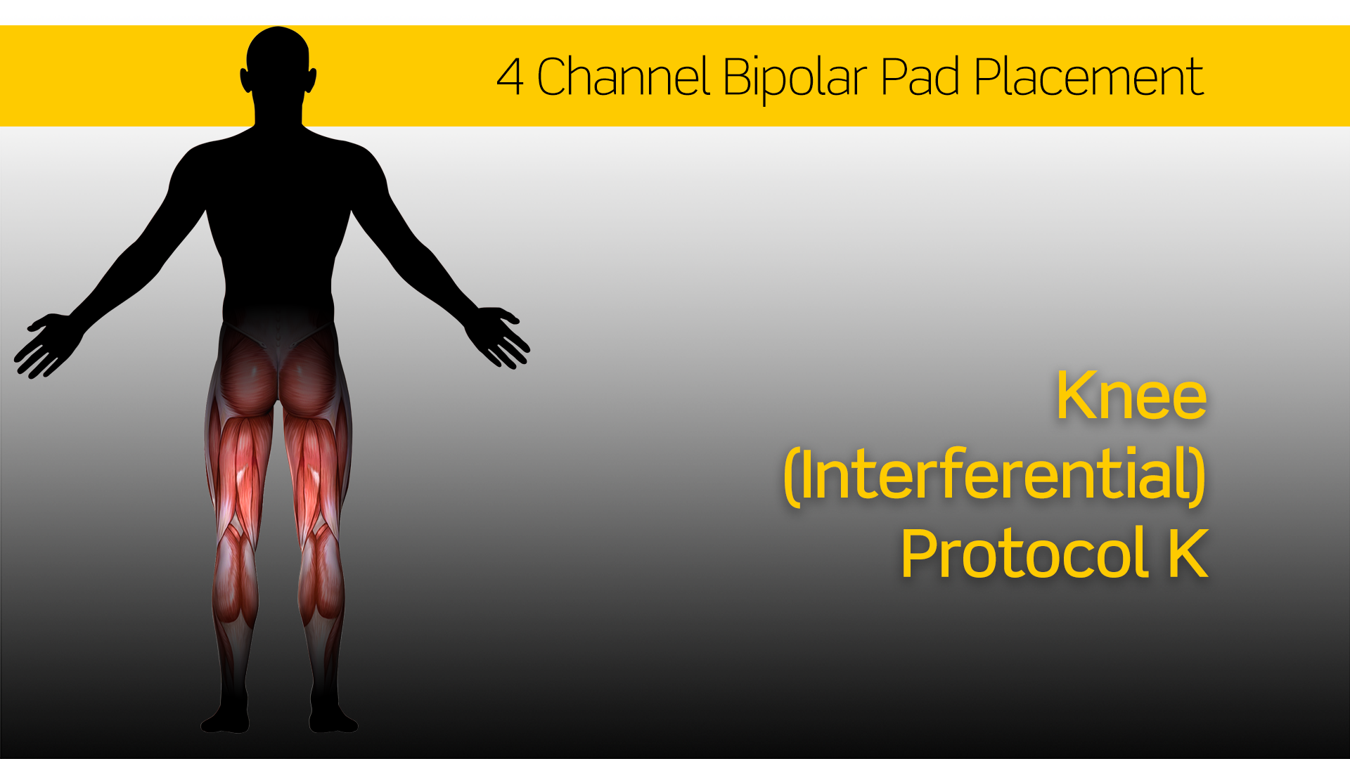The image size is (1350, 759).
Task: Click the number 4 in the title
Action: pos(510,77)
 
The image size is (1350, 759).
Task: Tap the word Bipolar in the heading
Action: pos(795,79)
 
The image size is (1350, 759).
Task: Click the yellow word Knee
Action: pos(1131,396)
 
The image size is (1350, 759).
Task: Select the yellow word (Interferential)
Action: pos(995,476)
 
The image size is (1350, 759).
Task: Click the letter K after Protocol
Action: pos(1188,553)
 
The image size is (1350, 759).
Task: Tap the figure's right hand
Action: pos(501,337)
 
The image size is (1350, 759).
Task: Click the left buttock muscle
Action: pos(246,372)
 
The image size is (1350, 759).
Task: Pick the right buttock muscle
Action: pos(309,372)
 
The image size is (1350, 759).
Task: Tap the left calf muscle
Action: pos(235,576)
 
